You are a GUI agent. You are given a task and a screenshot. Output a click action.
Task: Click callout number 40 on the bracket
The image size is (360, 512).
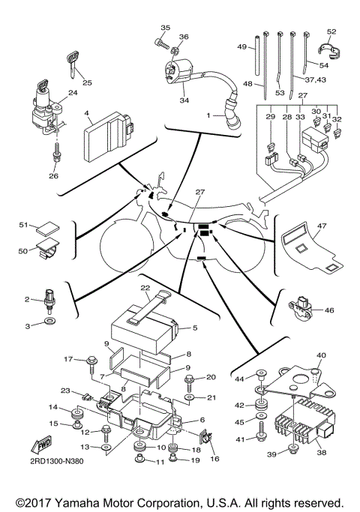click(x=321, y=355)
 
